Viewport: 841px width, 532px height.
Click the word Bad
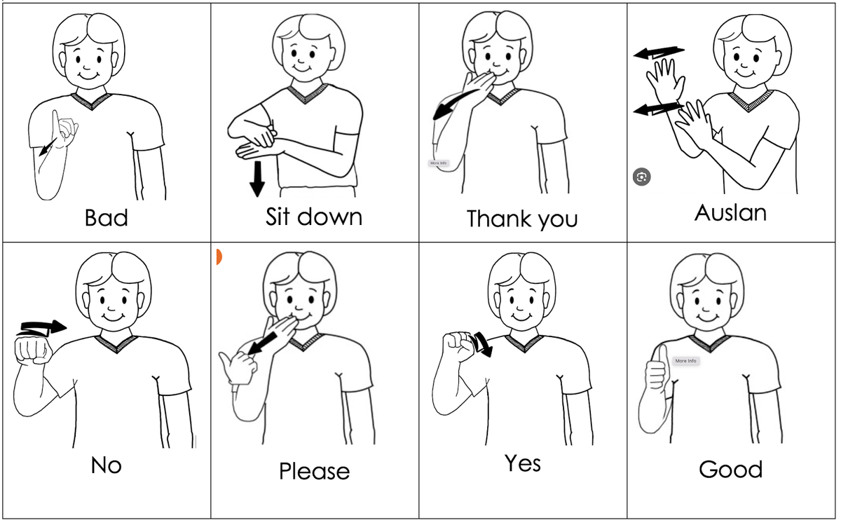(107, 218)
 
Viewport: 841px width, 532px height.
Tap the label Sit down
(314, 217)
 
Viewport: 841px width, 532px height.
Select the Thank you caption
(522, 219)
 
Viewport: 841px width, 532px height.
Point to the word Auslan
(730, 213)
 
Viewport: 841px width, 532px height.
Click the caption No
(107, 465)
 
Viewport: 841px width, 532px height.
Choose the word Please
(314, 471)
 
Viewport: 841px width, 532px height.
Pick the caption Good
(730, 470)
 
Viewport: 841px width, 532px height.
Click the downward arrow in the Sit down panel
(257, 179)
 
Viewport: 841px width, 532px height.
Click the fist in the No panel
(33, 350)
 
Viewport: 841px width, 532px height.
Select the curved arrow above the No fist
(42, 328)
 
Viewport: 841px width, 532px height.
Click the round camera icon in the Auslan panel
(642, 177)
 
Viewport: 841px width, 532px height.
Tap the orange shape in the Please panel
(219, 257)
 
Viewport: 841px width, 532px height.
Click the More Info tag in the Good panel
(685, 361)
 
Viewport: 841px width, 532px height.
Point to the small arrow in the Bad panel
(48, 147)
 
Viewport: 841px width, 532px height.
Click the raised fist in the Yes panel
(459, 347)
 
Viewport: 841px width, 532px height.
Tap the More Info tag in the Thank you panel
(438, 163)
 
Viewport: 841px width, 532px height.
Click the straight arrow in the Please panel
(264, 343)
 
